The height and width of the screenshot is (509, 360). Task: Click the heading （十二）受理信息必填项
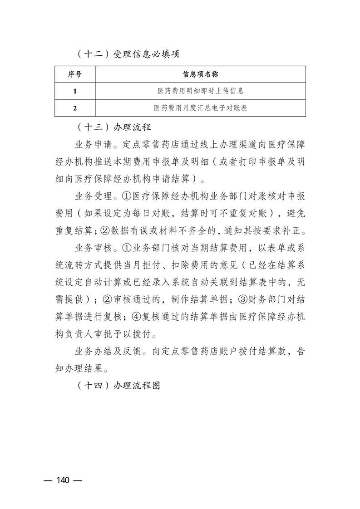[x=127, y=54]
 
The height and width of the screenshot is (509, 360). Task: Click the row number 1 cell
[x=75, y=91]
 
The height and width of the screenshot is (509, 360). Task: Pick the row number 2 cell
[x=75, y=108]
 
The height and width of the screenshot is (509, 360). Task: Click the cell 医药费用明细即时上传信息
[x=200, y=91]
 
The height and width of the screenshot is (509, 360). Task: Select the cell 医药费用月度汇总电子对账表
[x=200, y=108]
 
